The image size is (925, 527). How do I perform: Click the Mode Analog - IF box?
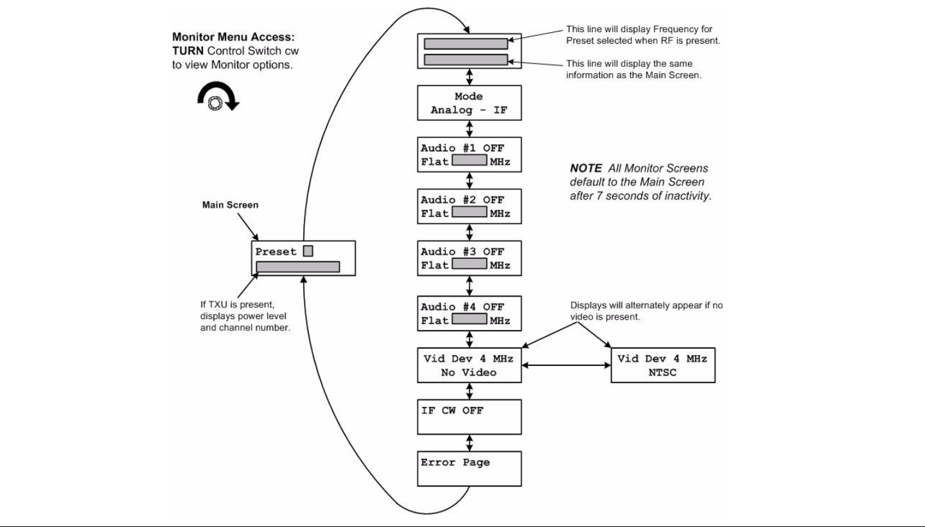point(469,103)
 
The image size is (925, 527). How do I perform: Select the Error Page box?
point(469,469)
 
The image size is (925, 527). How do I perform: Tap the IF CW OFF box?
point(469,417)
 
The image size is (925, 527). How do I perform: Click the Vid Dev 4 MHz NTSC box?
point(663,365)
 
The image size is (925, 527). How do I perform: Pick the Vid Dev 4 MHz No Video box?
point(469,365)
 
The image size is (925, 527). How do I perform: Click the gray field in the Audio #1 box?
point(469,160)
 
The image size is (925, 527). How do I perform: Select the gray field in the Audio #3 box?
point(469,264)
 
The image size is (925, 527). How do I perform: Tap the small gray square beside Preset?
point(308,251)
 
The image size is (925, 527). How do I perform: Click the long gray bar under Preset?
point(298,266)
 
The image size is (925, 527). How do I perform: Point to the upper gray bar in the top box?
point(466,44)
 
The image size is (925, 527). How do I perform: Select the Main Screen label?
point(230,205)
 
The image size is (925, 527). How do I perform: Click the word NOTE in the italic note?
point(586,168)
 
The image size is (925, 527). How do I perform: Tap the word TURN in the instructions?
point(188,51)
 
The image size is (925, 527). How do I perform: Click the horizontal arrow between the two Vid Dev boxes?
point(566,365)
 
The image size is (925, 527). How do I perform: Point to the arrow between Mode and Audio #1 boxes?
point(469,129)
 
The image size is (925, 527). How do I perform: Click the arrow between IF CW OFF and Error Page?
point(469,443)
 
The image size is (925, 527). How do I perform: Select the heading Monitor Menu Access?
point(233,37)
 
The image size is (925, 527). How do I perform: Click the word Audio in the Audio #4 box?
point(437,307)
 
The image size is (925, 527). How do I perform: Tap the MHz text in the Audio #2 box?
point(500,214)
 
